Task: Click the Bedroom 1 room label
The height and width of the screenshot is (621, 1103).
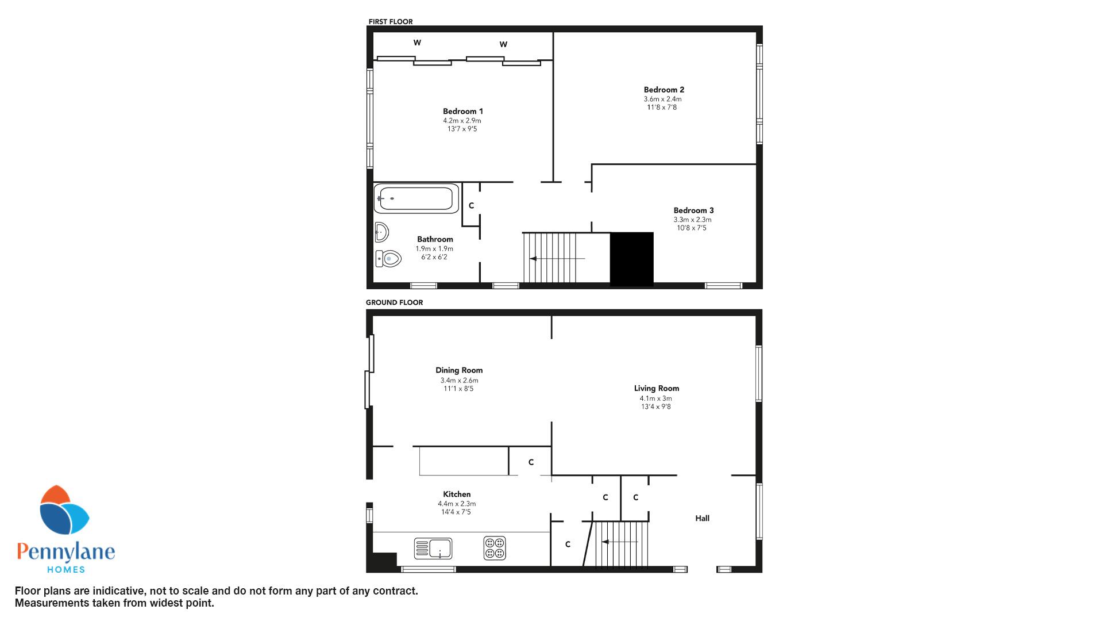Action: click(x=462, y=112)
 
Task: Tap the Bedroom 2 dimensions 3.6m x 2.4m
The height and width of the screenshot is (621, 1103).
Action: click(x=662, y=99)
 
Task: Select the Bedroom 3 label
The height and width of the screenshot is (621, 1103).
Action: click(x=693, y=210)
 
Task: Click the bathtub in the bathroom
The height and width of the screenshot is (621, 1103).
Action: click(x=416, y=198)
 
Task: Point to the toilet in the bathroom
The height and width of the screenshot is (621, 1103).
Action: click(x=388, y=259)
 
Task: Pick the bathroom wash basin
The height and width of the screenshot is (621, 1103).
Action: click(x=381, y=232)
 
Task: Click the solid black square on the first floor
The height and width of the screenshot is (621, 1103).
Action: click(x=631, y=259)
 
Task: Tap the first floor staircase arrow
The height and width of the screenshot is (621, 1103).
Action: click(x=557, y=259)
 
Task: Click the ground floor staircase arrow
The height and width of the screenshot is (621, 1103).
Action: click(x=620, y=542)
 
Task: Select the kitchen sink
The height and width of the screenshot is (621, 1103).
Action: click(x=433, y=549)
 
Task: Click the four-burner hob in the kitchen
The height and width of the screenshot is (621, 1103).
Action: click(x=495, y=548)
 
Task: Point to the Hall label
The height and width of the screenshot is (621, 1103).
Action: click(x=702, y=518)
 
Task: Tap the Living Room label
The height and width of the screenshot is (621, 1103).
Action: click(x=656, y=388)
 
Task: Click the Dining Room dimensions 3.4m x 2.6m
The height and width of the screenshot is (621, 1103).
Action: click(x=459, y=380)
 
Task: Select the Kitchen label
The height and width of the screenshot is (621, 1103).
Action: click(x=457, y=494)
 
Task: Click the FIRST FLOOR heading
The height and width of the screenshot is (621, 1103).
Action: click(x=391, y=22)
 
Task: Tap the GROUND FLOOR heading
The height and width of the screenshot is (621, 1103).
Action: click(x=394, y=302)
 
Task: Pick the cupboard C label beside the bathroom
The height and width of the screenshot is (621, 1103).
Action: click(x=471, y=205)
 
